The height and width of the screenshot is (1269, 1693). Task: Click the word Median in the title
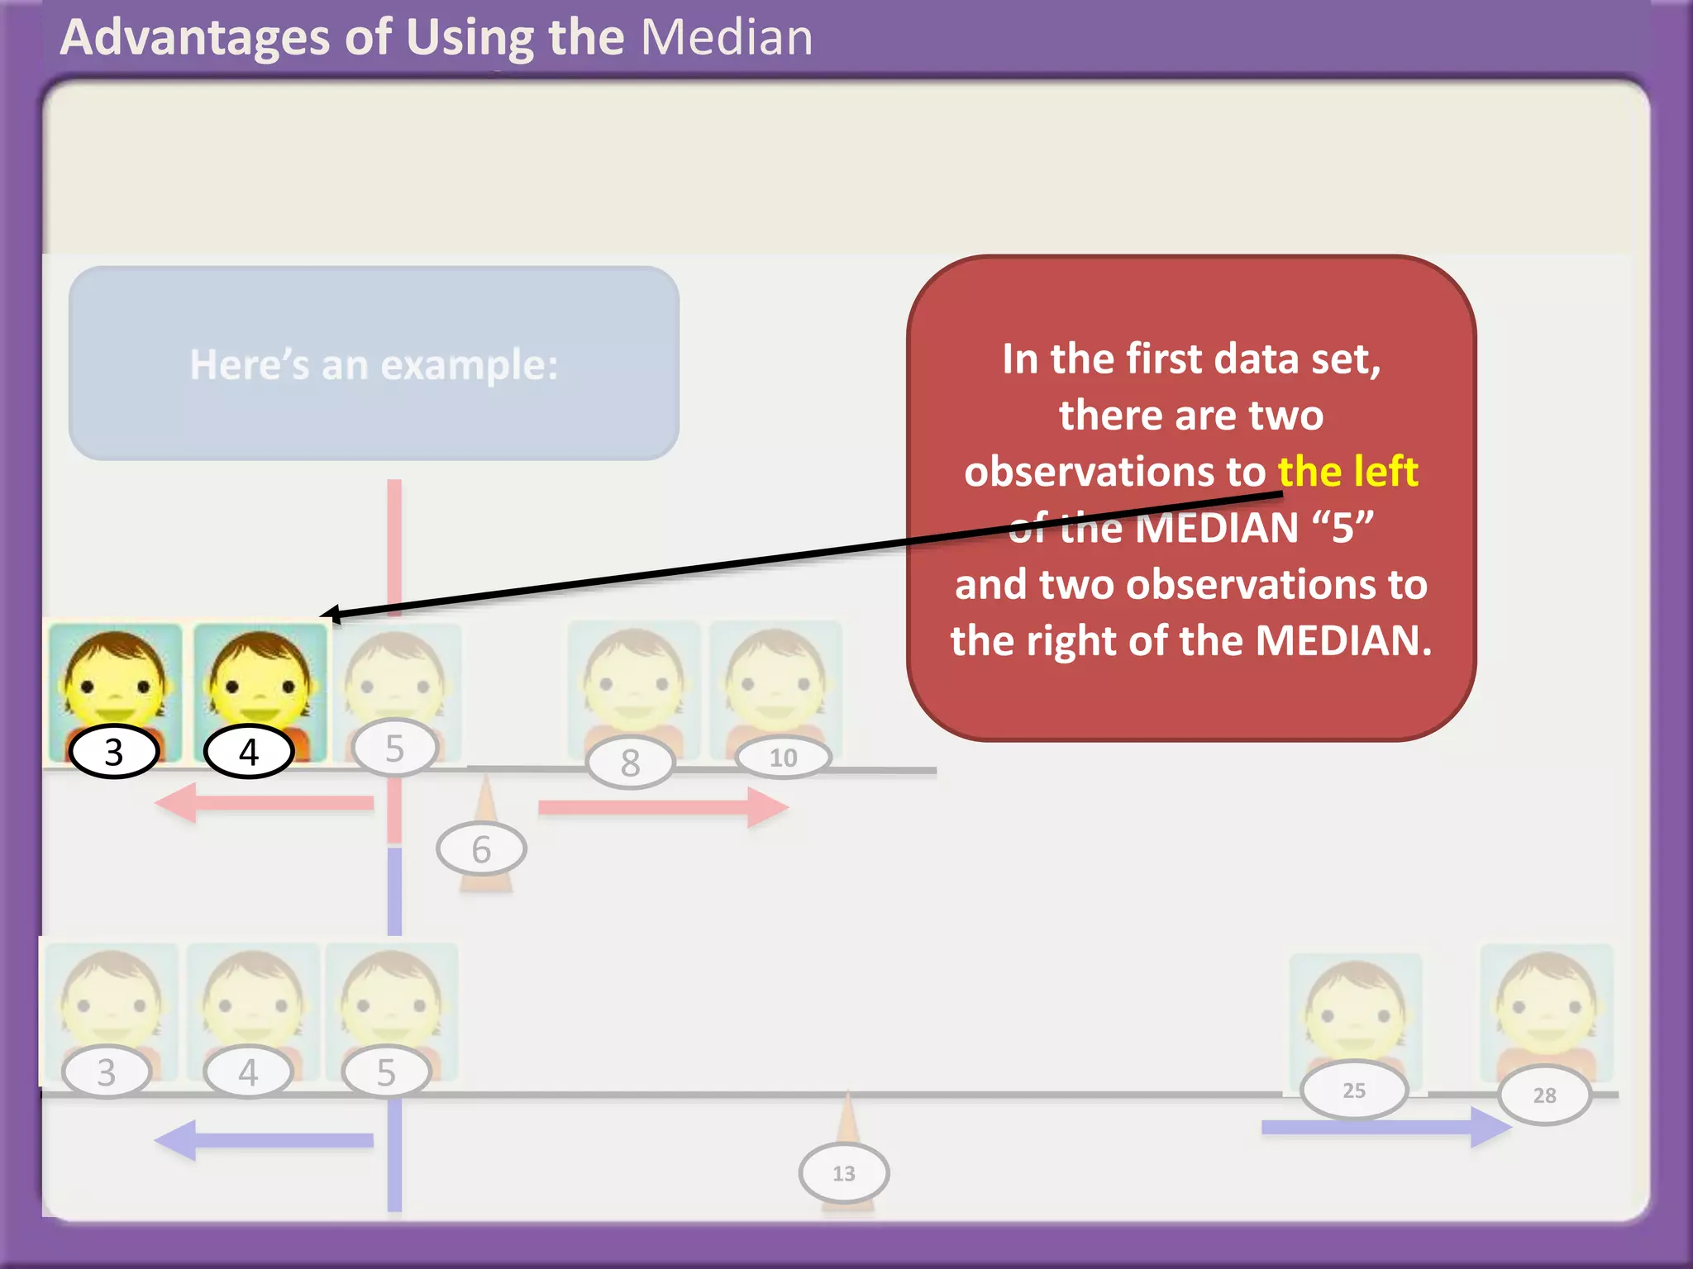727,37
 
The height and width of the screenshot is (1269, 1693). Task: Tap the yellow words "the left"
1347,472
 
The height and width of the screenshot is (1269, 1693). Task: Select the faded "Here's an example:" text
374,364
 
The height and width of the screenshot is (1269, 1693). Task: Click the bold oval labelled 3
114,752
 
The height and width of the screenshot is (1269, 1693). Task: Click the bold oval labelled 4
249,752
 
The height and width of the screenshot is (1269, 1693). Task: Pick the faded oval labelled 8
631,763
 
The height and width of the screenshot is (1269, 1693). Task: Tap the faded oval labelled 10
783,758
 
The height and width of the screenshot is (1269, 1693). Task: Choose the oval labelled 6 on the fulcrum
481,849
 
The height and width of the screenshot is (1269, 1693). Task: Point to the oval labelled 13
844,1173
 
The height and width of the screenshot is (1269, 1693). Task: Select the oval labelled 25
1354,1091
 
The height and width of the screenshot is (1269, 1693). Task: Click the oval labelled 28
1544,1096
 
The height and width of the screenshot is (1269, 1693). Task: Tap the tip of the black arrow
323,615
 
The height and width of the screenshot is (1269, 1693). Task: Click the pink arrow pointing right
661,807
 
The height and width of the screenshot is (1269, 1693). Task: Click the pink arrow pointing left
265,803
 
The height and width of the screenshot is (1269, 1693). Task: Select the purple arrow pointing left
265,1140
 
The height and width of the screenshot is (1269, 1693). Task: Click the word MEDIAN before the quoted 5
1217,528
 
